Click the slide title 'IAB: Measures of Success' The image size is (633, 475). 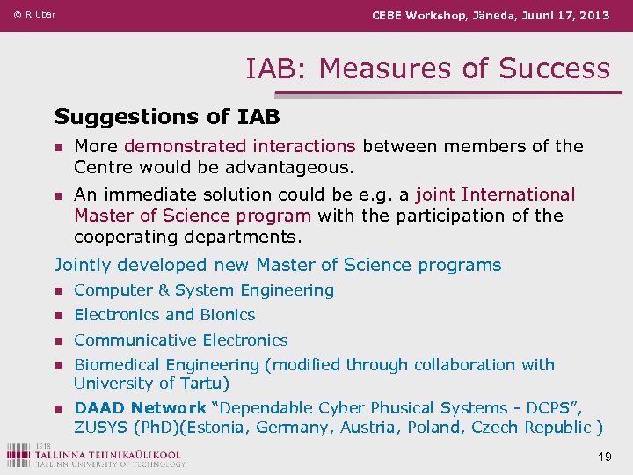[x=427, y=68]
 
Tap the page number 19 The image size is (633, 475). [x=604, y=457]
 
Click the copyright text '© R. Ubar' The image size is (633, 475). [x=34, y=15]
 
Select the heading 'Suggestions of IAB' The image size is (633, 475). [x=167, y=116]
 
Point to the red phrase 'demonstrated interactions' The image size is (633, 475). [x=239, y=146]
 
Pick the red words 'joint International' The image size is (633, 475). [x=495, y=194]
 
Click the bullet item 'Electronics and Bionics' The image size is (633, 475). [x=164, y=314]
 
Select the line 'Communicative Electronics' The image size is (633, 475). [x=180, y=340]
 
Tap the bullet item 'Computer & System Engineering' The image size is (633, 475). [x=204, y=289]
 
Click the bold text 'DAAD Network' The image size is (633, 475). [x=140, y=408]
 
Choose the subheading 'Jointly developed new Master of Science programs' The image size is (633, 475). [x=278, y=265]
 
